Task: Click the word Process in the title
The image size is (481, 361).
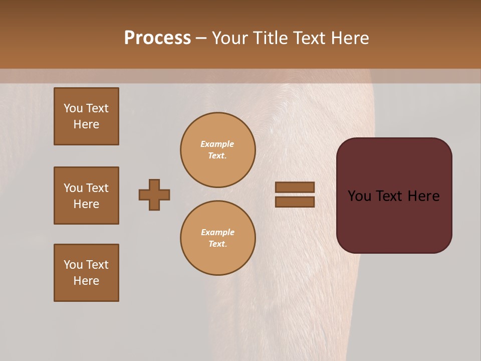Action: [157, 38]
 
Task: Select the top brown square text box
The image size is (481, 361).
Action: [86, 116]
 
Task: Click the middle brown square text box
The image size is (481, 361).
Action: [86, 196]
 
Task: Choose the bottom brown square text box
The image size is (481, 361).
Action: [86, 273]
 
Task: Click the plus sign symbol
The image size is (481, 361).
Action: [154, 195]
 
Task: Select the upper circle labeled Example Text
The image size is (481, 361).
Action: [218, 150]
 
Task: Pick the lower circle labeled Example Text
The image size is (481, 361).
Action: [218, 238]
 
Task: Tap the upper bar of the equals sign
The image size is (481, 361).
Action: [295, 188]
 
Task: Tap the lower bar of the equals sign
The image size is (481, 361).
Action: [295, 202]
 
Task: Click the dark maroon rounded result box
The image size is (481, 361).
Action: [394, 221]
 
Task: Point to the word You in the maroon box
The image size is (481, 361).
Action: [360, 196]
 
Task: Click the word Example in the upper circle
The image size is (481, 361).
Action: [217, 144]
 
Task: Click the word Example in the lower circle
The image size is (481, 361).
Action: [217, 233]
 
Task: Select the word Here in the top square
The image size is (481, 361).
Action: [86, 124]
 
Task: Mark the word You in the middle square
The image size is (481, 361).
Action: [73, 188]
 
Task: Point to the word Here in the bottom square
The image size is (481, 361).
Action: [86, 281]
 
